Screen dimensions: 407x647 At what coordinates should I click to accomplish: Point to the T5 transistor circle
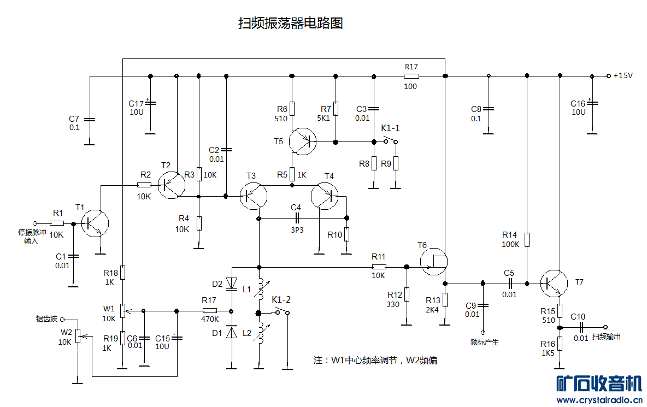coord(303,141)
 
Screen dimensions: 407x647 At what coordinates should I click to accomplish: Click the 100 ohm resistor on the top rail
coord(411,76)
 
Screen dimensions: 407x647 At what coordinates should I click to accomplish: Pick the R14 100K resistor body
coord(527,239)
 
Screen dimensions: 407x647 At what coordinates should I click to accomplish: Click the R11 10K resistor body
coord(379,267)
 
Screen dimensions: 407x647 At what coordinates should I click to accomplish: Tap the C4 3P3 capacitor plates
coord(297,217)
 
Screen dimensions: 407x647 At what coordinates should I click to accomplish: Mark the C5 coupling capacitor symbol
coord(509,283)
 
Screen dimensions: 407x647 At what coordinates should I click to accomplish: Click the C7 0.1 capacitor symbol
coord(90,119)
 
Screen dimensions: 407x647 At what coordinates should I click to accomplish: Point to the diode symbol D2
coord(232,283)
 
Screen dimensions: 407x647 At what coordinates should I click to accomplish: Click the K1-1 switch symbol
coord(390,141)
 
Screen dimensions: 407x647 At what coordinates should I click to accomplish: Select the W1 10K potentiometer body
coord(122,311)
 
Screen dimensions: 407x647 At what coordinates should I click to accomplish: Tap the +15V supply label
coord(622,76)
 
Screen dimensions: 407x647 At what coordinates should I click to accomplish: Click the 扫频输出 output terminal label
coord(606,337)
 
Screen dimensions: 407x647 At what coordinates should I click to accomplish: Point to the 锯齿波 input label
coord(47,318)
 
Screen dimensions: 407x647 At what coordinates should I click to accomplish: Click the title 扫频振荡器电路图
coord(290,23)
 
